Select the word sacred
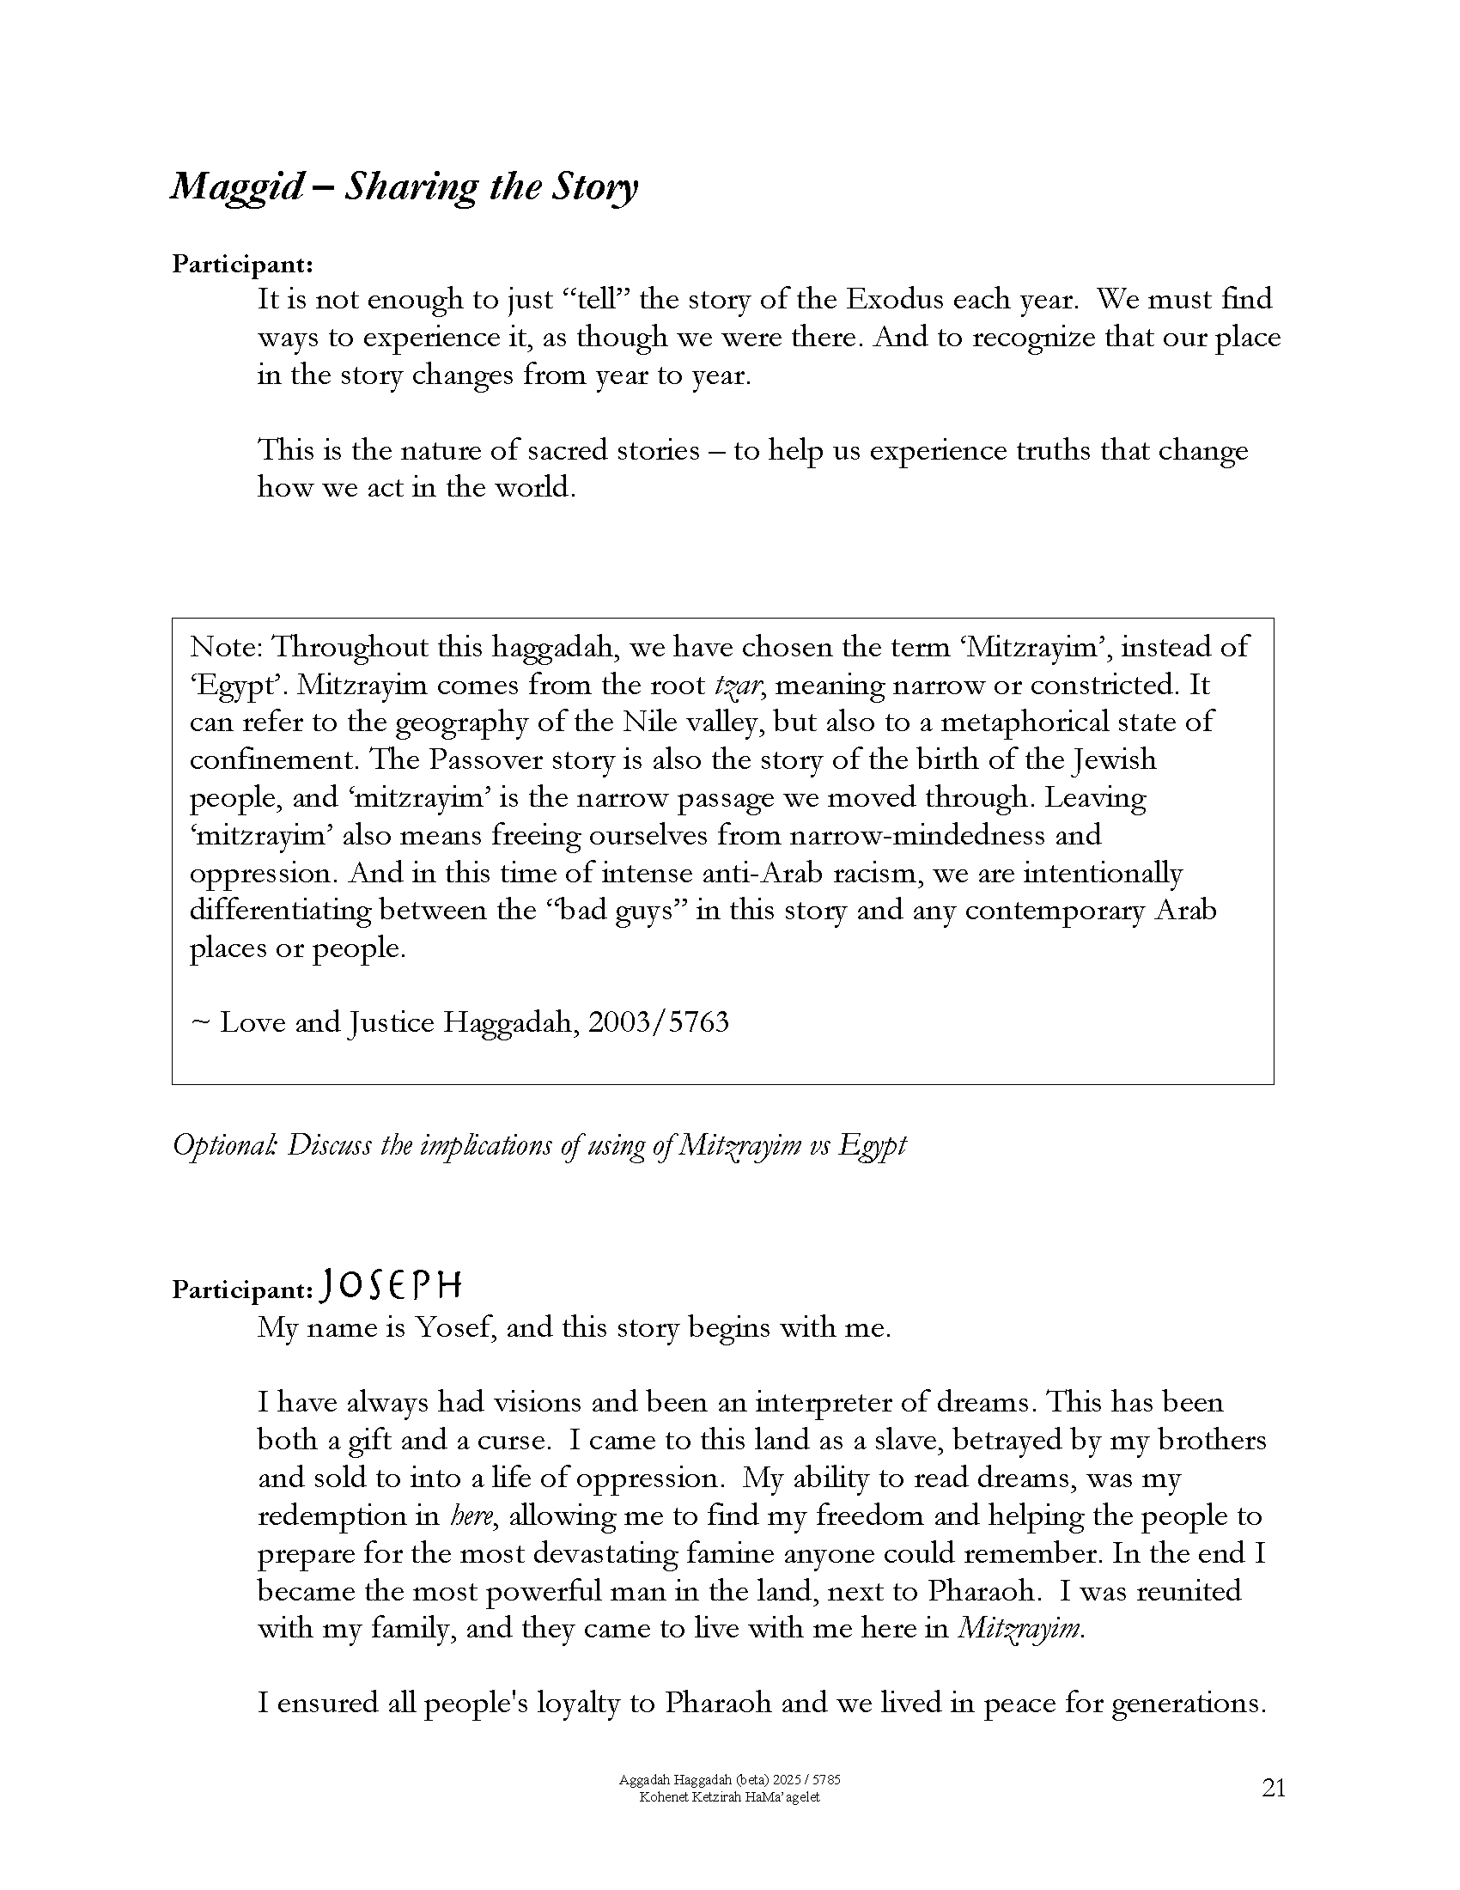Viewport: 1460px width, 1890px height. (x=566, y=451)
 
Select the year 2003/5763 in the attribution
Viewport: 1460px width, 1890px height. (x=658, y=1023)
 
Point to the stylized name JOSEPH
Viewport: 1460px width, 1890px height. (x=391, y=1287)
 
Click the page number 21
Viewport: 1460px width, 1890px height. (x=1274, y=1789)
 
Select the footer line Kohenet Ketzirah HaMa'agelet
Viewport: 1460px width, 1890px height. (x=729, y=1797)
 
